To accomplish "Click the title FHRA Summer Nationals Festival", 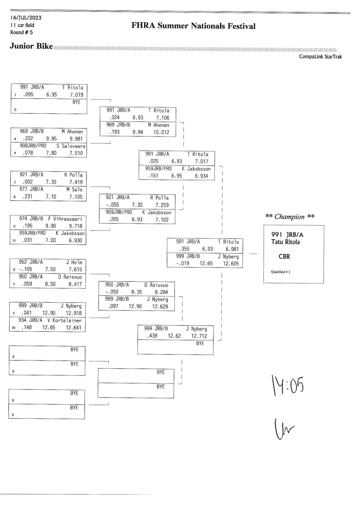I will point(194,27).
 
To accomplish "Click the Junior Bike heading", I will point(31,46).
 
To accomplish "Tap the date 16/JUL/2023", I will point(26,18).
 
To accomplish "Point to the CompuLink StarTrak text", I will point(320,56).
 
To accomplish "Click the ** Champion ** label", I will point(290,217).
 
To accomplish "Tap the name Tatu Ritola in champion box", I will point(287,242).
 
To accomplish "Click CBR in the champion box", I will point(284,256).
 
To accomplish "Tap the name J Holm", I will point(74,262).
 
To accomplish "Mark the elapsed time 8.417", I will point(76,284).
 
